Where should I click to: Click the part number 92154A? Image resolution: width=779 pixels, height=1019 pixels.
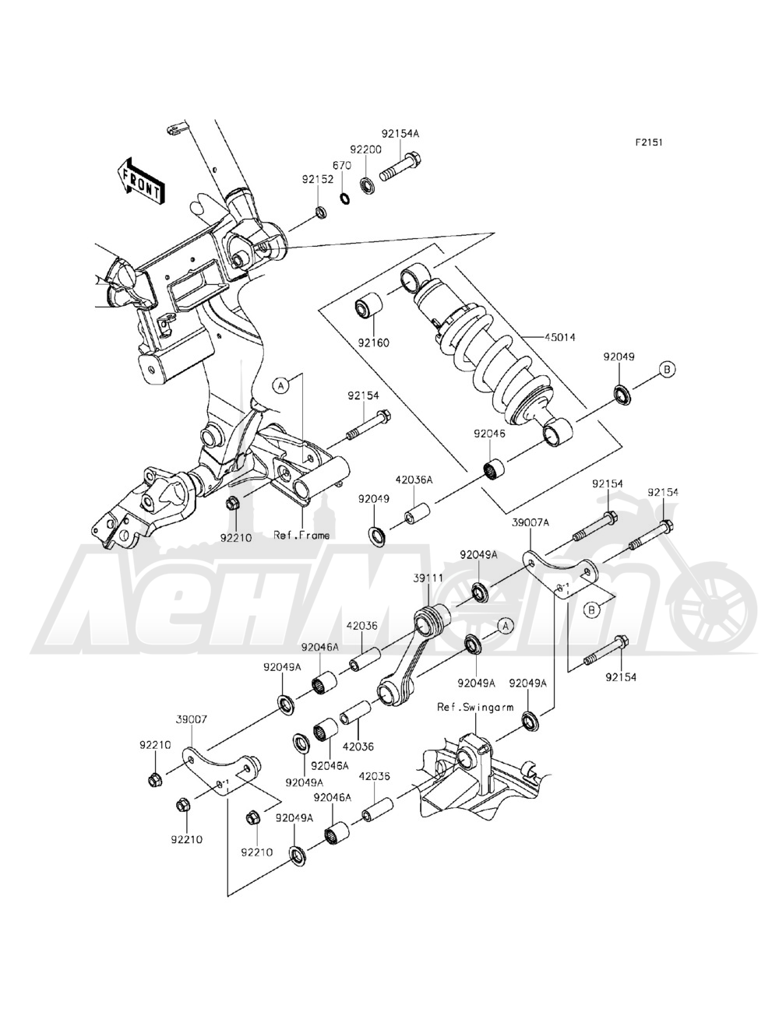[x=400, y=134]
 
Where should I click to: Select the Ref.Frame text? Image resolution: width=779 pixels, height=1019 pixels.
[x=301, y=535]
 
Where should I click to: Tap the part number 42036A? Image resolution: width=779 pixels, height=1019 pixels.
[x=413, y=481]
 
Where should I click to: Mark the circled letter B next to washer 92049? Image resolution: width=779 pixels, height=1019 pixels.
[x=668, y=369]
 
